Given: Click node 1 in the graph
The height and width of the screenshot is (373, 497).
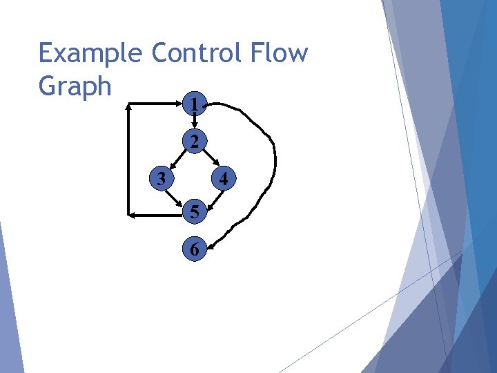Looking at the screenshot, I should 195,106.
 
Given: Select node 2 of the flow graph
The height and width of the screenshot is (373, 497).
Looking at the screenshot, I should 195,142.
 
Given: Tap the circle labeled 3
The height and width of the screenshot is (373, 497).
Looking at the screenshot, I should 161,179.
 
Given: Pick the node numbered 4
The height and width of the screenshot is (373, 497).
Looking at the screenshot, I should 223,180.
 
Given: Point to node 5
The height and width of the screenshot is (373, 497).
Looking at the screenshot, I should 195,213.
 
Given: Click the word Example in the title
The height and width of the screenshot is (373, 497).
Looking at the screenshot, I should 90,53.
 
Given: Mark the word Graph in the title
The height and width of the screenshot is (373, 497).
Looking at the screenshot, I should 75,86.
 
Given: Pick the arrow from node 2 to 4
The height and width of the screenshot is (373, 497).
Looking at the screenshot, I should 210,160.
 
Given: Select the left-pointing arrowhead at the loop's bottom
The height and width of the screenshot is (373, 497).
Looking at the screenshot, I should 132,215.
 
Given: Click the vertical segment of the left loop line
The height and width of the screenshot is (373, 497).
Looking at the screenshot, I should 128,159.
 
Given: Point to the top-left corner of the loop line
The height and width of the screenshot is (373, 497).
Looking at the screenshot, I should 129,105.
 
